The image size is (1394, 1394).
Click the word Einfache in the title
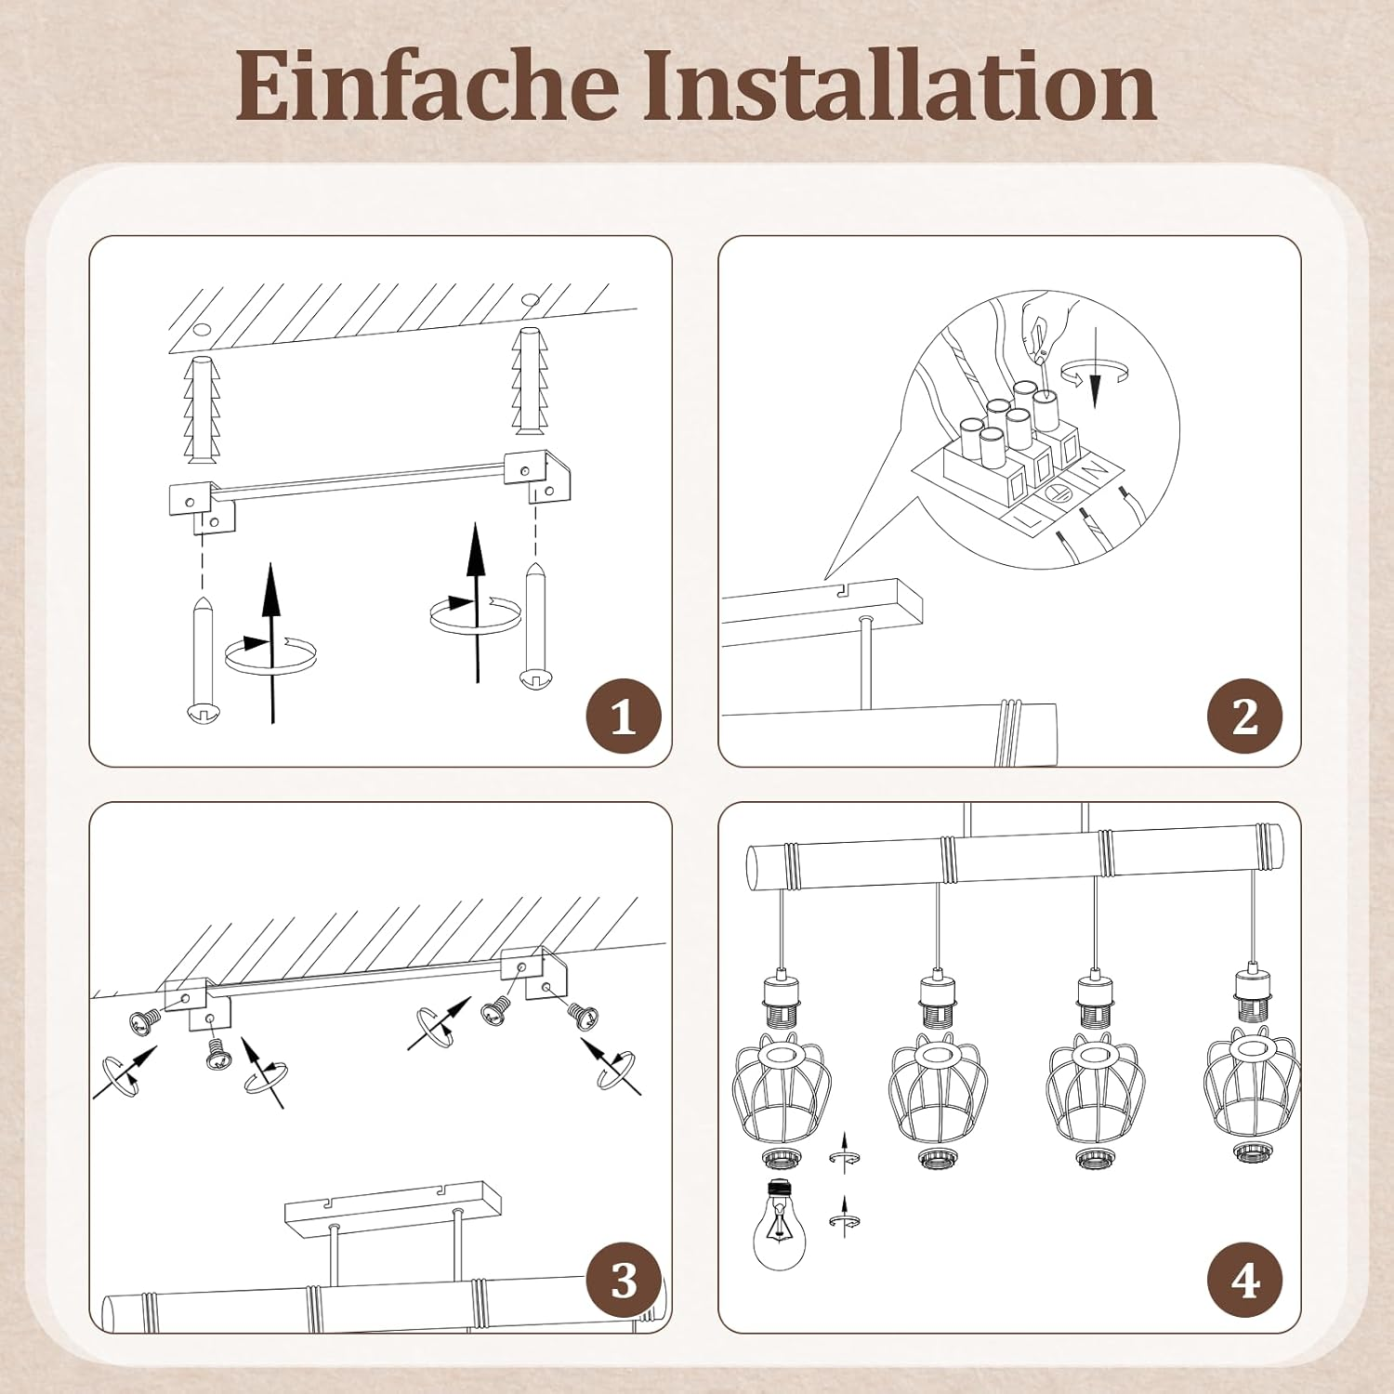[x=427, y=85]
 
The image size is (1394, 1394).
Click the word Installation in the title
[x=899, y=85]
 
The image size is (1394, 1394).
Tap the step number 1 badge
[x=624, y=717]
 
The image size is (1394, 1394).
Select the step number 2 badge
[x=1244, y=717]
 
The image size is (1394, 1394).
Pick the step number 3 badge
[x=624, y=1282]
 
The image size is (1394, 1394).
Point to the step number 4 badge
[x=1244, y=1282]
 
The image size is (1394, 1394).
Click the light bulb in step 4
[x=779, y=1224]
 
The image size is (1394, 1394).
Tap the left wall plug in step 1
[x=202, y=409]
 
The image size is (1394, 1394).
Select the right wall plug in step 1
[x=530, y=380]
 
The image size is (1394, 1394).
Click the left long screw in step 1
[x=203, y=660]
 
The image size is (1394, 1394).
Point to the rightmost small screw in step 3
[x=583, y=1016]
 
